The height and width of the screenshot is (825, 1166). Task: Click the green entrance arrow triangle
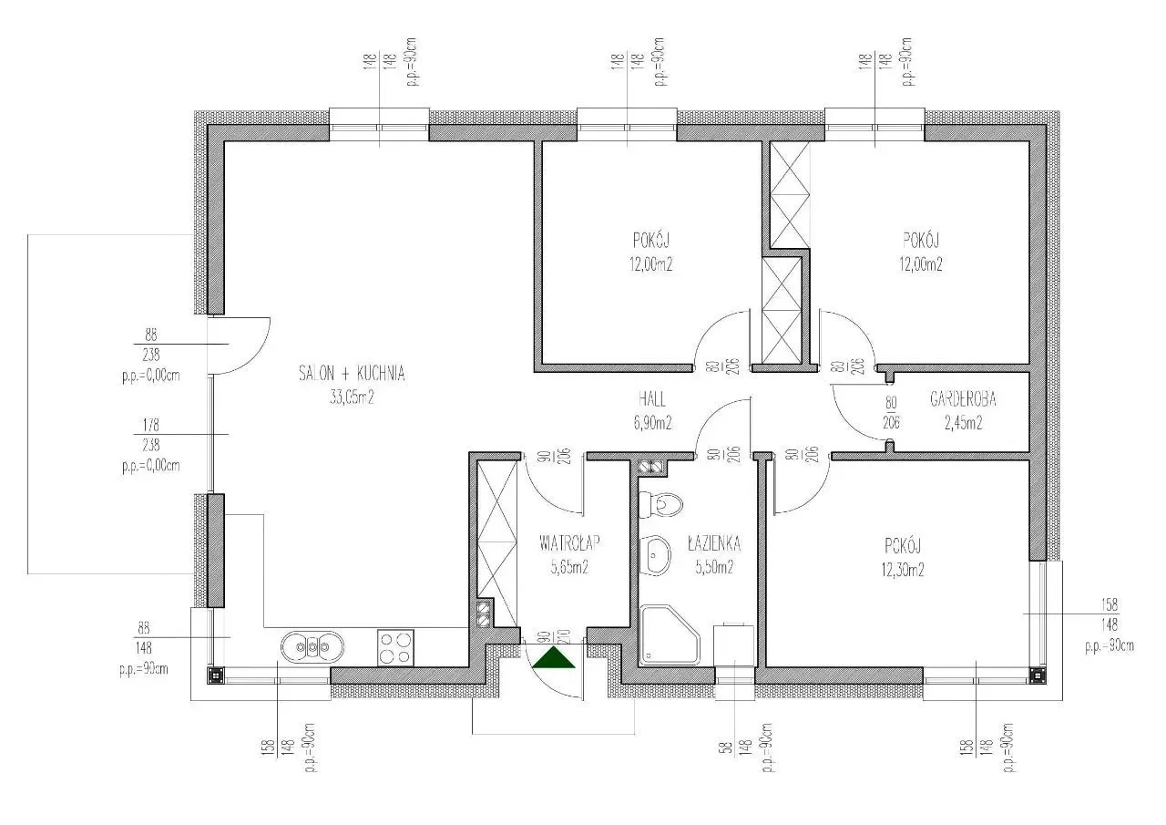click(555, 657)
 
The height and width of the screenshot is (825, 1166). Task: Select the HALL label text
click(651, 399)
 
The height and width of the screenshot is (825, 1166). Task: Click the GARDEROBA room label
click(963, 399)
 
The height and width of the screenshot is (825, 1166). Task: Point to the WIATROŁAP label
click(569, 544)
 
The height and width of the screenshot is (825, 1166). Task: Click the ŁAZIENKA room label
click(714, 544)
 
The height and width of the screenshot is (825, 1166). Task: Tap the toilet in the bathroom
click(662, 503)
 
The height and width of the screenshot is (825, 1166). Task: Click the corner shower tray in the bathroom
click(668, 635)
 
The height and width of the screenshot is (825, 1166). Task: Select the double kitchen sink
click(312, 647)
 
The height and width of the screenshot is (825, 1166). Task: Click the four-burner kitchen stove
click(395, 647)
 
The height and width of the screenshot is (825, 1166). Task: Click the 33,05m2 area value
click(352, 397)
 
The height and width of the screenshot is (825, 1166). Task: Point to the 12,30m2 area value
click(902, 571)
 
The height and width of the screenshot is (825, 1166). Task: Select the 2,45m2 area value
click(963, 423)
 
